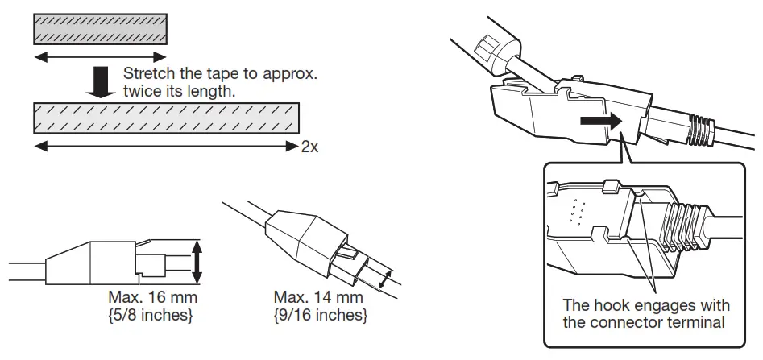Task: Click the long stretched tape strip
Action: coord(166,118)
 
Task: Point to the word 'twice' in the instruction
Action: coord(142,92)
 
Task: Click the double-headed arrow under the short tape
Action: coord(100,56)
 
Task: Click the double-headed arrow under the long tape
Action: coord(166,147)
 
